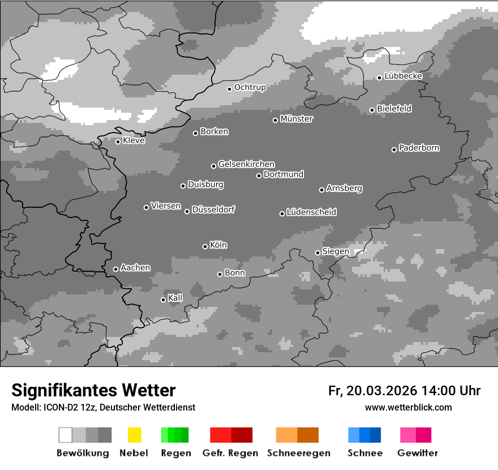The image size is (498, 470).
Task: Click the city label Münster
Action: click(x=297, y=119)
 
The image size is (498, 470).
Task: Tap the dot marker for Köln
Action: click(x=205, y=246)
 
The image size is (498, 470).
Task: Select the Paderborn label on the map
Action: click(x=419, y=148)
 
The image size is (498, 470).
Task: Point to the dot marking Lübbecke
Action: click(x=380, y=78)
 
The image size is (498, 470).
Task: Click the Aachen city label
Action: click(x=135, y=267)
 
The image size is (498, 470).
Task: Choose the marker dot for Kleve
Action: click(x=118, y=142)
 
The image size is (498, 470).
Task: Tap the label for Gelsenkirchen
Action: click(x=246, y=164)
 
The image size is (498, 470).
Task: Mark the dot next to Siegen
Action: click(x=317, y=253)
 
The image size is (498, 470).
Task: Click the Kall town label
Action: click(x=175, y=298)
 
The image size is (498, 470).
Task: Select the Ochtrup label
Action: click(x=250, y=87)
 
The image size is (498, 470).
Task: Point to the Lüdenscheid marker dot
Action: click(x=282, y=213)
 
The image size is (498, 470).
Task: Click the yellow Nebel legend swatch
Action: click(x=134, y=435)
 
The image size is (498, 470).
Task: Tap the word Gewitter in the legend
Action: click(x=418, y=453)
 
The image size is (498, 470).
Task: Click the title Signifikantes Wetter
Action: click(x=93, y=390)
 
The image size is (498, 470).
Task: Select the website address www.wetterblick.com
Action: click(x=409, y=407)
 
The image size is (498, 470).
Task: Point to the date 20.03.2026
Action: click(x=383, y=391)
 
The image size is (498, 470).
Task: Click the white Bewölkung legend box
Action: click(x=65, y=435)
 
